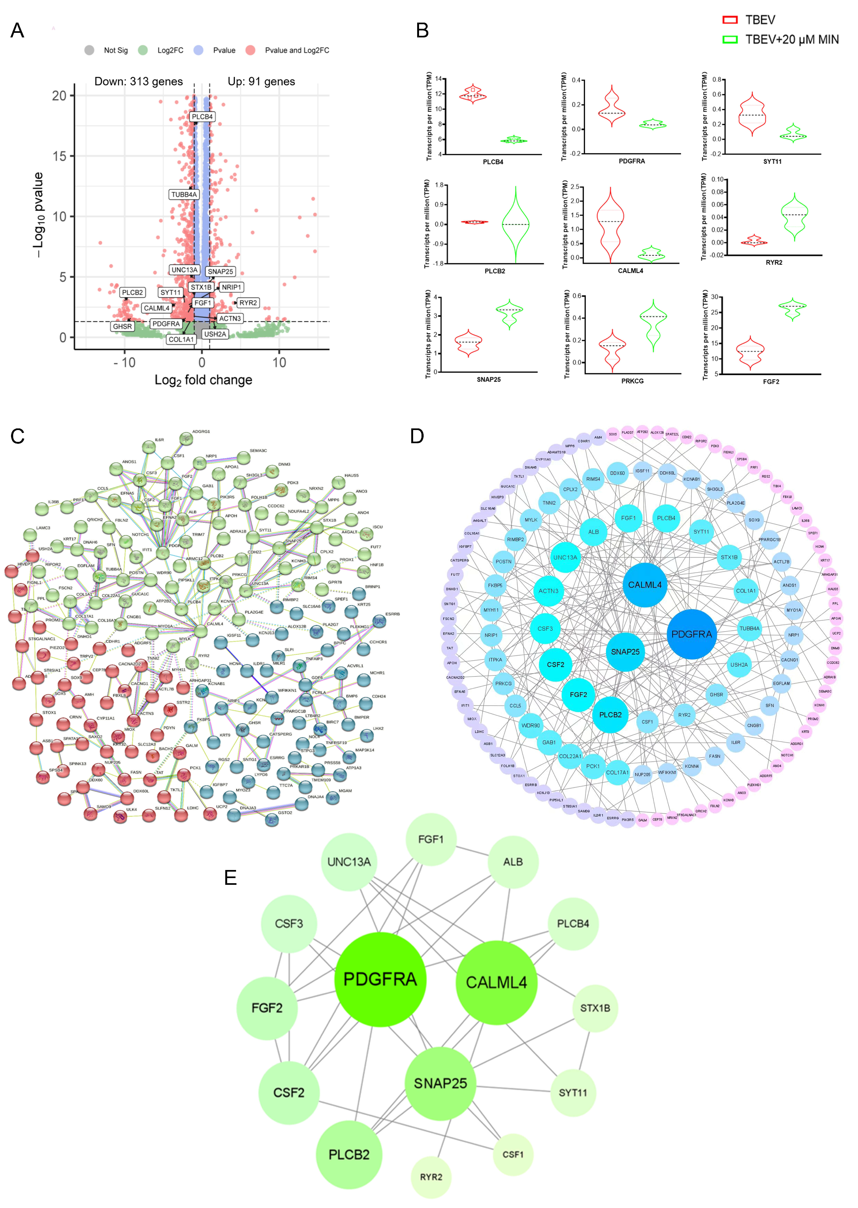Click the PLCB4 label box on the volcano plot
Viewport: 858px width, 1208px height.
[x=202, y=117]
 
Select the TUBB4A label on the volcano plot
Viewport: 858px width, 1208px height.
[x=184, y=194]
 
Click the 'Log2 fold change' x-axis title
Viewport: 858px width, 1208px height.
[x=203, y=380]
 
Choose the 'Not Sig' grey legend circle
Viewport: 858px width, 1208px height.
[x=89, y=50]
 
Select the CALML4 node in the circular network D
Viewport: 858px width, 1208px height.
[x=645, y=585]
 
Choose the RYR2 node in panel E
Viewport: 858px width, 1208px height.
[x=431, y=1177]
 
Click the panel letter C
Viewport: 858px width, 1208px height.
[x=17, y=436]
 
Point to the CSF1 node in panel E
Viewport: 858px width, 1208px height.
[x=512, y=1154]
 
